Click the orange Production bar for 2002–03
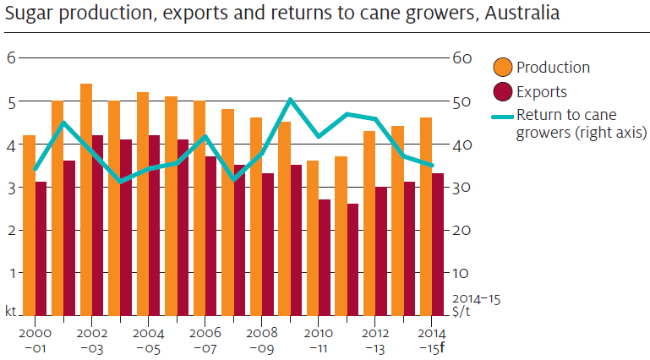tap(85, 199)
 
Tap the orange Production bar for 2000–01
tap(29, 225)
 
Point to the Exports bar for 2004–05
tap(154, 225)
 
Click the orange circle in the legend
tap(502, 68)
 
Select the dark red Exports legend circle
tap(502, 91)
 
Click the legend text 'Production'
tap(553, 68)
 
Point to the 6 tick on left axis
tap(12, 57)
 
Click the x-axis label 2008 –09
tap(261, 339)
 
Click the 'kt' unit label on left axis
tap(11, 312)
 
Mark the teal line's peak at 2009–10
tap(290, 100)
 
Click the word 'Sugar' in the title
tap(25, 14)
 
